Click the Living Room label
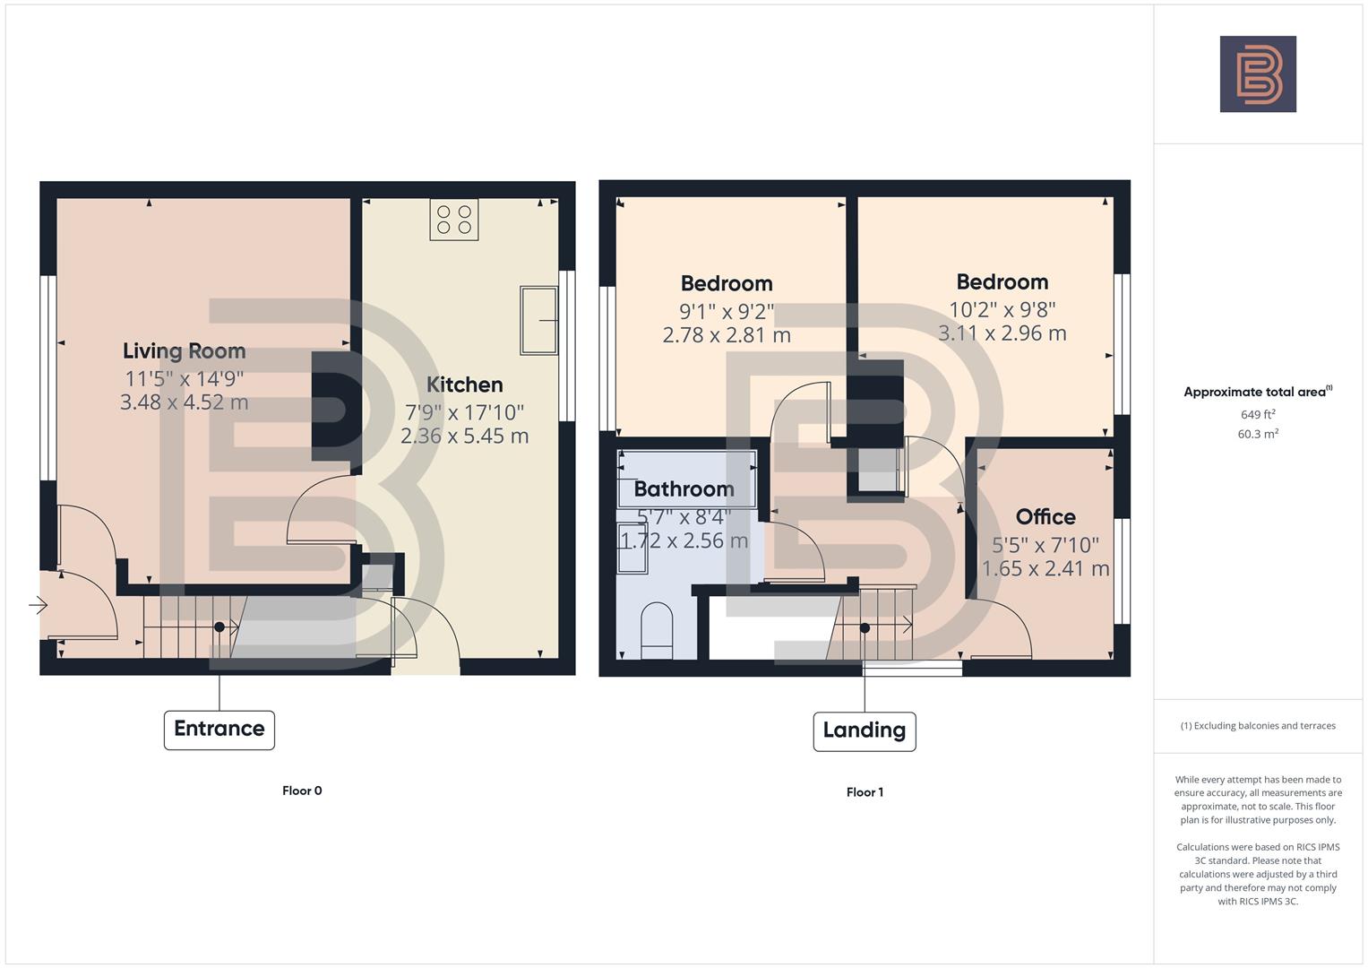click(x=184, y=351)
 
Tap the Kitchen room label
click(x=464, y=385)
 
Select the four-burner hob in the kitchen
click(x=453, y=220)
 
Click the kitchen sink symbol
click(x=538, y=320)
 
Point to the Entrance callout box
click(x=219, y=729)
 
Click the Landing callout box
click(x=865, y=730)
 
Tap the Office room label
click(x=1045, y=517)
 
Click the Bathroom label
click(x=684, y=489)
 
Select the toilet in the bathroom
click(x=658, y=631)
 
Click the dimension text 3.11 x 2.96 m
click(x=1002, y=333)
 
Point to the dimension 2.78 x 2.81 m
click(x=727, y=335)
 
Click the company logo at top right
click(x=1258, y=74)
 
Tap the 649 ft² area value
click(x=1258, y=415)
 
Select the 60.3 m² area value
click(x=1258, y=434)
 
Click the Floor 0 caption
click(x=302, y=791)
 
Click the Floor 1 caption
click(x=865, y=792)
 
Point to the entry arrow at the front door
click(x=38, y=606)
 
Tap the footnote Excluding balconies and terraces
click(x=1258, y=726)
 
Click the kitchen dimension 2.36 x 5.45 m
click(x=464, y=436)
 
